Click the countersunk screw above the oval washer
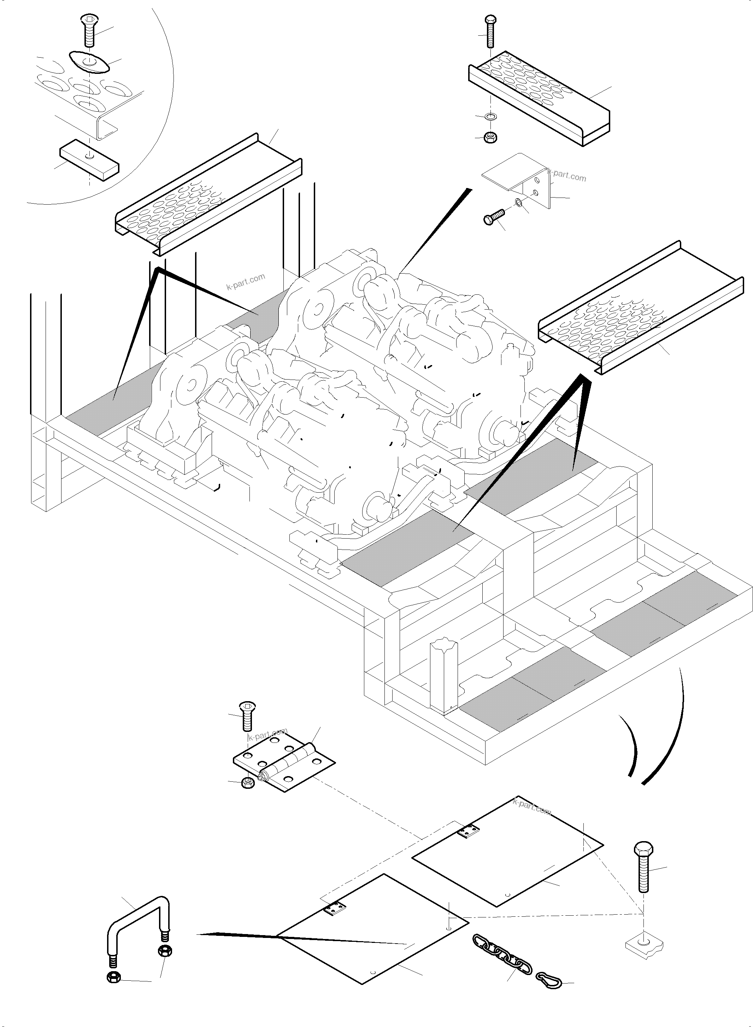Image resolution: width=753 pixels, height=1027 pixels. tap(89, 30)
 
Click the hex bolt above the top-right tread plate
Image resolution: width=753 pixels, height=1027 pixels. tap(490, 32)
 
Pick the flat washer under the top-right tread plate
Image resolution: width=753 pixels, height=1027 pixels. tap(491, 117)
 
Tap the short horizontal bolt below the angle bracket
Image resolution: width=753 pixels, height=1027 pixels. tap(494, 216)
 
